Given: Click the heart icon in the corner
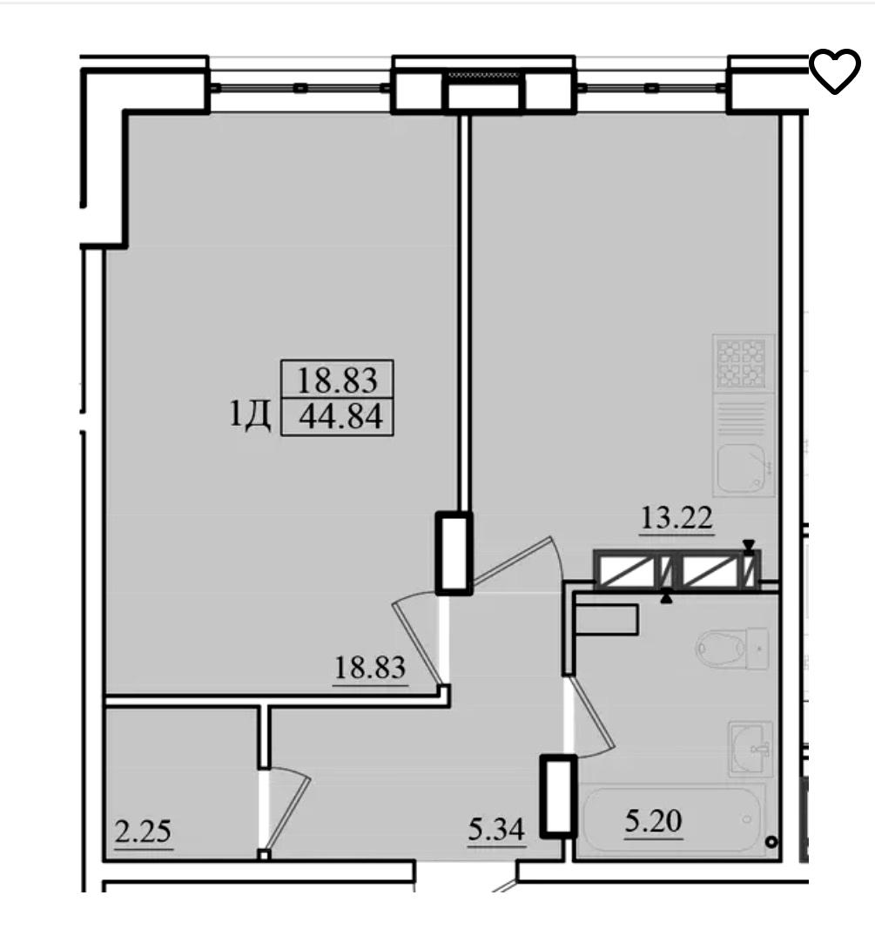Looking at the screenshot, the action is point(834,71).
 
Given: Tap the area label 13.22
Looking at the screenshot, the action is point(676,519).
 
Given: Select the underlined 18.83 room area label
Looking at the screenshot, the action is point(370,668).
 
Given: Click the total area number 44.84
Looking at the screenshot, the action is point(341,417).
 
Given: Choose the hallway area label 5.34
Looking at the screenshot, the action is point(496,829).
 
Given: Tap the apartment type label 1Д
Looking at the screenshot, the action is point(250,415).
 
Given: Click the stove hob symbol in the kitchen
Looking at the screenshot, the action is point(741,363).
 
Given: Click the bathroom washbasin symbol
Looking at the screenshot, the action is point(751,748).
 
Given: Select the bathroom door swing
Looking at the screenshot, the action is point(591,717).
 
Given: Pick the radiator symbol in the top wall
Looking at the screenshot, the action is point(483,75).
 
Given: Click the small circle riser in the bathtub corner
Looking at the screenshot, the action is point(771,841).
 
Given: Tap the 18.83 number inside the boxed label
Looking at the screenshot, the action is point(337,380).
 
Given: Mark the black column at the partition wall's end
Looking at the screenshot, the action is point(454,553).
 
